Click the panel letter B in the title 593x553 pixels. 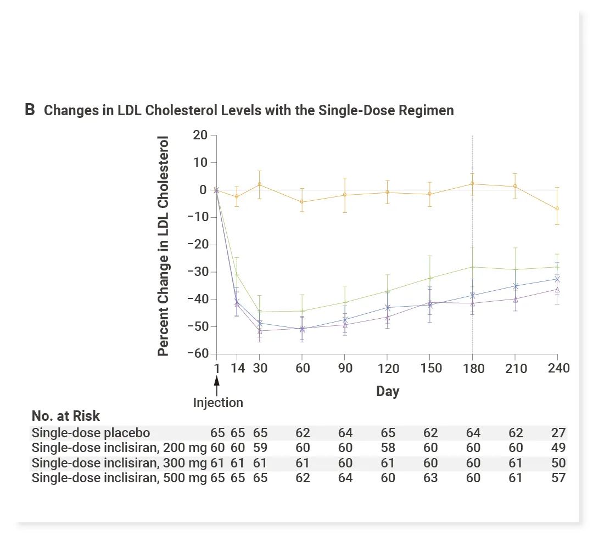[x=30, y=110]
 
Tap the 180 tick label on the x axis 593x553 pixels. [x=473, y=368]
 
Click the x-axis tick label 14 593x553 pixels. [x=237, y=368]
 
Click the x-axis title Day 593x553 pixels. [x=388, y=392]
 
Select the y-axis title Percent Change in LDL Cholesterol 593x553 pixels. [x=163, y=245]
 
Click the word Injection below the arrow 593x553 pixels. [x=218, y=403]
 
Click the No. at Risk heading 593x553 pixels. [x=66, y=416]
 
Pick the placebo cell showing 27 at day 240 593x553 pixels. [x=558, y=433]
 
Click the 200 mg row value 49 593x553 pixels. [x=558, y=448]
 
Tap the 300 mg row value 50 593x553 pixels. [x=558, y=463]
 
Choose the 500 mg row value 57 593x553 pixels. [x=558, y=478]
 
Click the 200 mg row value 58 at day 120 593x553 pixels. [x=388, y=448]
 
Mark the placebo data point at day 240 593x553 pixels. [x=557, y=208]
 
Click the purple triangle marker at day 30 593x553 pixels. [x=260, y=330]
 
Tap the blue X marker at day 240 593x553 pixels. [x=557, y=279]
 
